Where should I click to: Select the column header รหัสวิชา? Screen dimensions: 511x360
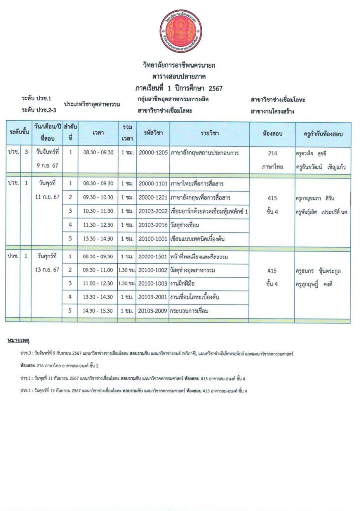153,133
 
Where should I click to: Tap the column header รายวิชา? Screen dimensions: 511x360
210,133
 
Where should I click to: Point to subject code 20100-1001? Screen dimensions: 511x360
153,239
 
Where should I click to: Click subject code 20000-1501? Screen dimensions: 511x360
153,256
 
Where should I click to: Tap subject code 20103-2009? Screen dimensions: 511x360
153,311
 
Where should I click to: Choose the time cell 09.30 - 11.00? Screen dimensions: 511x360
98,270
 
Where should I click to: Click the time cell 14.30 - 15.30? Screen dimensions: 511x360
98,311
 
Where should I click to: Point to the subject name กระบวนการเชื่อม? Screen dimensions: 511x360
189,311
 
